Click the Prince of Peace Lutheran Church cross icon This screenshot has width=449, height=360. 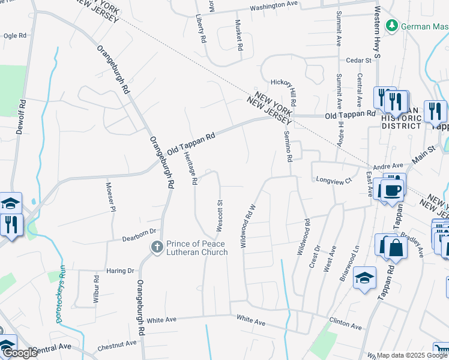pyautogui.click(x=157, y=247)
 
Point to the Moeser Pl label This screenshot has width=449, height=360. pyautogui.click(x=110, y=197)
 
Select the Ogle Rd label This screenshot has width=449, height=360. pyautogui.click(x=15, y=36)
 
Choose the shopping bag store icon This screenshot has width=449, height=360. pyautogui.click(x=396, y=246)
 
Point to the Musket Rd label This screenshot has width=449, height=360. pyautogui.click(x=239, y=37)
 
